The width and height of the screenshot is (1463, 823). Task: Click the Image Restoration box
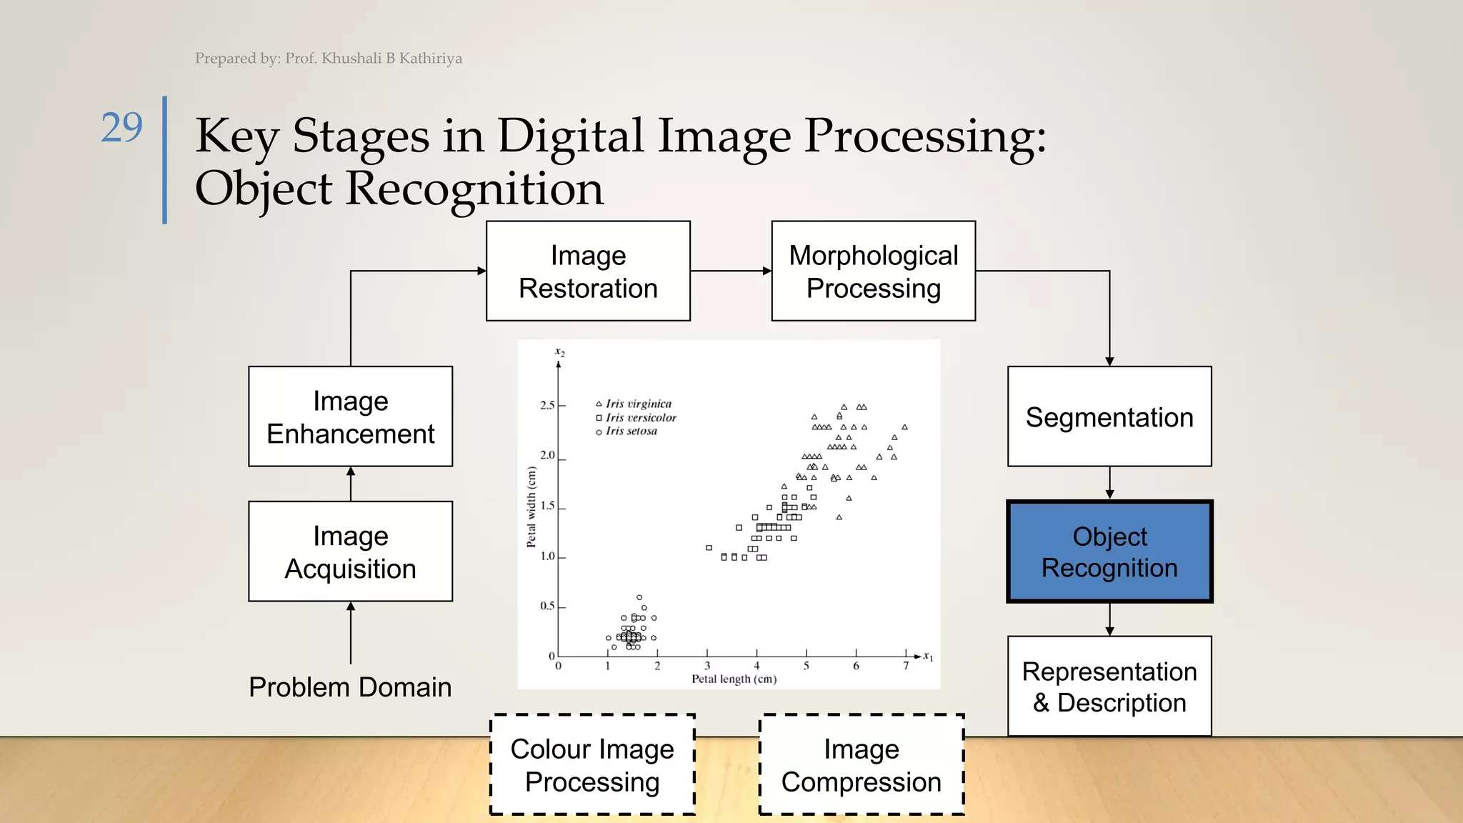588,271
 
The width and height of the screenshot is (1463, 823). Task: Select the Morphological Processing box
873,271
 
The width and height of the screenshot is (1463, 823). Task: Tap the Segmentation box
1109,417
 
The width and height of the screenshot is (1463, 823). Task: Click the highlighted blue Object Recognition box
1109,552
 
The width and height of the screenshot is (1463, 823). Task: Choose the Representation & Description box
1109,687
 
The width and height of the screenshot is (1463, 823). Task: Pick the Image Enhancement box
350,417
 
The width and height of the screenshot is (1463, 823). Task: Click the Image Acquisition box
350,552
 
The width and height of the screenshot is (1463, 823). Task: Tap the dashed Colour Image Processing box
592,764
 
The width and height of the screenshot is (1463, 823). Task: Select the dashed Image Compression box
861,764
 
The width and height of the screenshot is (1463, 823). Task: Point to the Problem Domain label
350,687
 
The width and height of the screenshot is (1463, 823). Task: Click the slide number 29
121,128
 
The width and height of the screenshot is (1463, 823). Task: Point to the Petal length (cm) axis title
734,679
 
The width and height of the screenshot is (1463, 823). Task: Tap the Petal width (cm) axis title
531,507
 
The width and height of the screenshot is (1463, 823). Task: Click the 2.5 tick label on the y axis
547,406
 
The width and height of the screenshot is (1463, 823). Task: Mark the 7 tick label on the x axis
906,667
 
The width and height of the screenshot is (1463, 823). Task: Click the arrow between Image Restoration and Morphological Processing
731,271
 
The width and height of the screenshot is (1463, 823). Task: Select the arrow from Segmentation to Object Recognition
1109,484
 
